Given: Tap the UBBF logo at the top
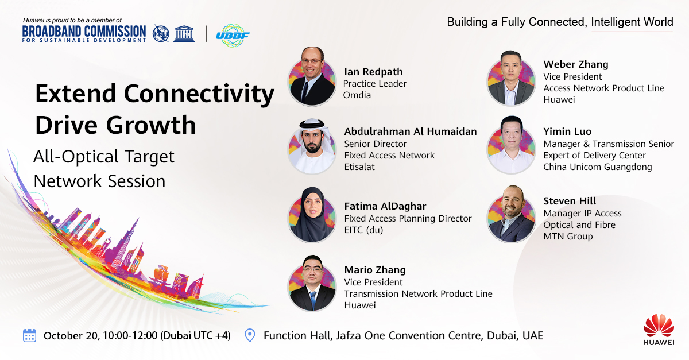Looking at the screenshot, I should coord(233,35).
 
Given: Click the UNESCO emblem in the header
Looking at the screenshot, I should coord(184,33).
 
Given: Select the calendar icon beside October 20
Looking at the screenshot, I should coord(29,335).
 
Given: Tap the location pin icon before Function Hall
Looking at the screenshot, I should coord(250,335).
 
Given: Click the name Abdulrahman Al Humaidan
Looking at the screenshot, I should coord(410,131).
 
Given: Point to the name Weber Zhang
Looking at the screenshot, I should coord(575,64).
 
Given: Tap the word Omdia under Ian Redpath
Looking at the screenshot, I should coord(357,95).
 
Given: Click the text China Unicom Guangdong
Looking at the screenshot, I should coord(598,167).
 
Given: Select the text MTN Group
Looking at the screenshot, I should coord(568,237).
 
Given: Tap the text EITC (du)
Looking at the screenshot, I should coord(363,230).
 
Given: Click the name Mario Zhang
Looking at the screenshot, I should coord(375,270).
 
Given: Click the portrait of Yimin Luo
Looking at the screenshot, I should coord(511,145).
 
